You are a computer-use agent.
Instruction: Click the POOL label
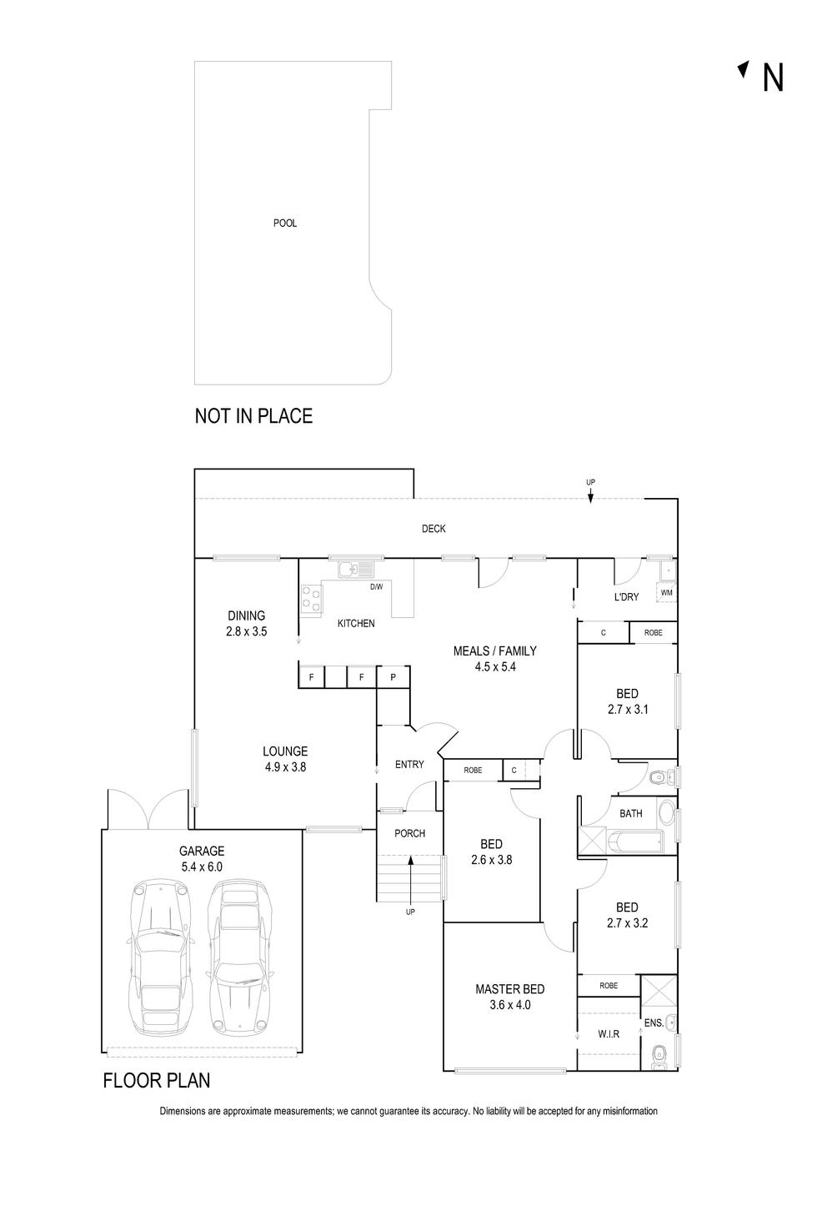285,224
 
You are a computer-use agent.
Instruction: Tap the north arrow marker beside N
743,69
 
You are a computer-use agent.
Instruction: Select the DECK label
434,529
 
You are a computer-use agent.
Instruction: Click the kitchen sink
356,570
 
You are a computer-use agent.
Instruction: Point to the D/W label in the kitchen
377,587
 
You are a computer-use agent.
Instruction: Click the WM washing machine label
666,593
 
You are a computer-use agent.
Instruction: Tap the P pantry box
393,677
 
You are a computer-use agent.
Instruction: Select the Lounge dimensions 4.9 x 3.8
285,767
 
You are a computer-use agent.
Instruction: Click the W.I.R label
609,1034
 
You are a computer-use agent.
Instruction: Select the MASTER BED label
509,989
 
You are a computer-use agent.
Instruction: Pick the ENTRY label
409,765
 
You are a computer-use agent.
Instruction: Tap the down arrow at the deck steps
590,495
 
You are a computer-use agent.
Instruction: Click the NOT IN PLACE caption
253,416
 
